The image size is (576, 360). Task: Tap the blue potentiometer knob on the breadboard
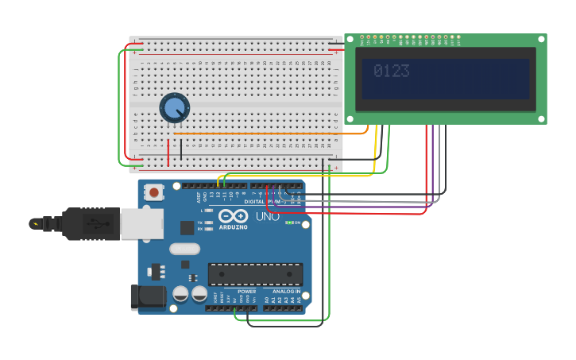click(x=174, y=107)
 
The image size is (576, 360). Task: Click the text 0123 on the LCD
click(x=391, y=72)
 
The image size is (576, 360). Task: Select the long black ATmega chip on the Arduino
click(x=255, y=274)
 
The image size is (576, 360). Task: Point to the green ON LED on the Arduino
click(x=290, y=223)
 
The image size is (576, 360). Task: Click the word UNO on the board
click(x=267, y=216)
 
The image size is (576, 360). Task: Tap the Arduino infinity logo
click(x=233, y=216)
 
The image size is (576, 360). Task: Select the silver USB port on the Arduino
click(x=141, y=224)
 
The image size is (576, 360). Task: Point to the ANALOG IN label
click(x=287, y=292)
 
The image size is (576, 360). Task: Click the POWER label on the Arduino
click(x=246, y=292)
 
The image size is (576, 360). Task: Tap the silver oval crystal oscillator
click(x=184, y=249)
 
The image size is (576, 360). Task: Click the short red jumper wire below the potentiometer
click(x=168, y=151)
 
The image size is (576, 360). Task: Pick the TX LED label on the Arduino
click(x=200, y=223)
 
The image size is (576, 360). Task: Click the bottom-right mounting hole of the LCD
click(x=541, y=118)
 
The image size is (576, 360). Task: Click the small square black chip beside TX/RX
click(x=187, y=228)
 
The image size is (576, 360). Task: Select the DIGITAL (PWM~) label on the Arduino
click(x=264, y=202)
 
